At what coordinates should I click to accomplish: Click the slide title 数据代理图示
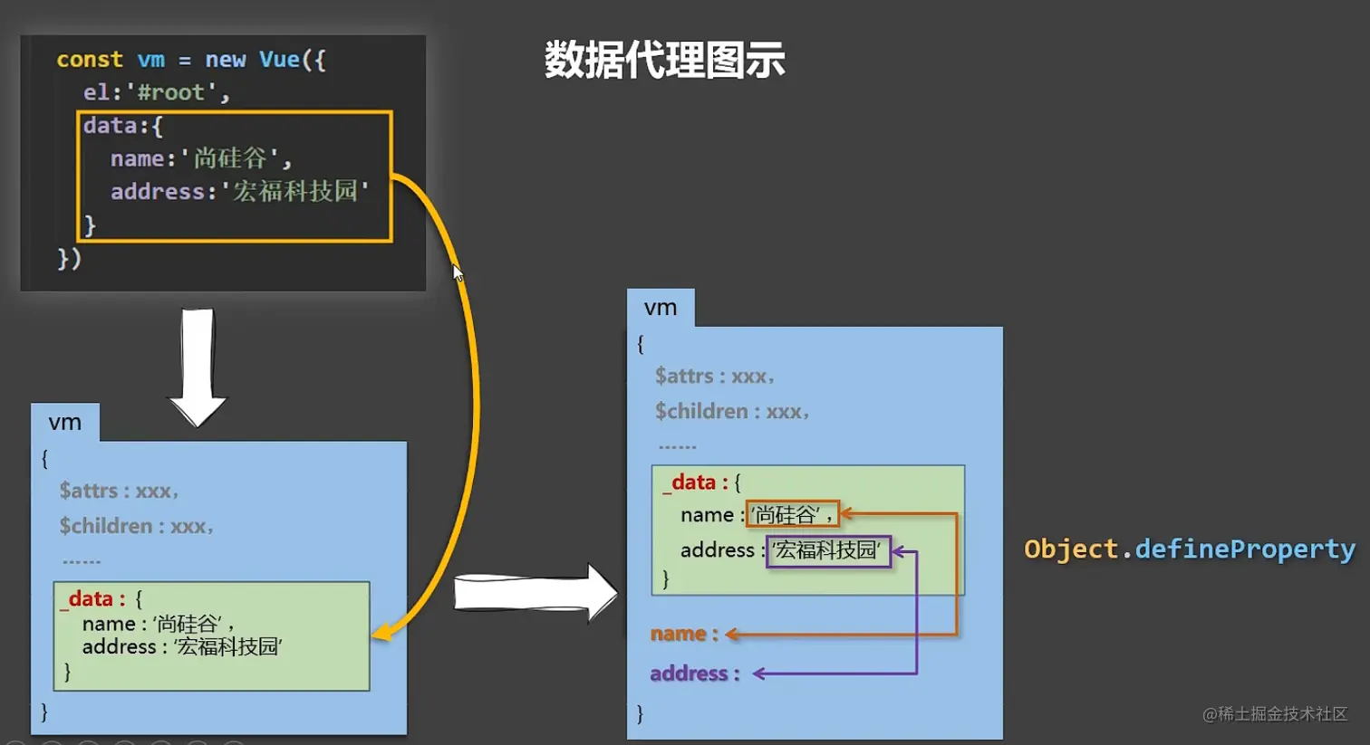pyautogui.click(x=664, y=61)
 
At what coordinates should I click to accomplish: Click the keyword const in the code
pyautogui.click(x=89, y=60)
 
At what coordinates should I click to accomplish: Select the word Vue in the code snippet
pyautogui.click(x=279, y=60)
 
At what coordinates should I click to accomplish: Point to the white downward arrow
pyautogui.click(x=198, y=367)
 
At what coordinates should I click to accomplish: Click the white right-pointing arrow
pyautogui.click(x=535, y=593)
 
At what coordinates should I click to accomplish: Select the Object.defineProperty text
pyautogui.click(x=1189, y=549)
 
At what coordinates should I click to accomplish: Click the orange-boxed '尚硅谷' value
pyautogui.click(x=792, y=515)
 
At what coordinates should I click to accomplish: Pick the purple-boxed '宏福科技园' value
pyautogui.click(x=828, y=550)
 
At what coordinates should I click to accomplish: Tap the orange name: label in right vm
pyautogui.click(x=684, y=634)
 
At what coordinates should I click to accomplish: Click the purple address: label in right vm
pyautogui.click(x=694, y=673)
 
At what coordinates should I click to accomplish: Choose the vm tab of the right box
pyautogui.click(x=661, y=308)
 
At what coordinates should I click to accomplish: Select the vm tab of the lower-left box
pyautogui.click(x=65, y=423)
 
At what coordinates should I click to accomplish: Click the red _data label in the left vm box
pyautogui.click(x=91, y=598)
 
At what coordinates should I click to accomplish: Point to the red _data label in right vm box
pyautogui.click(x=693, y=482)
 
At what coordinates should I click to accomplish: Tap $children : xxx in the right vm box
pyautogui.click(x=731, y=412)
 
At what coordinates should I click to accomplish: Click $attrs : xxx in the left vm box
pyautogui.click(x=118, y=491)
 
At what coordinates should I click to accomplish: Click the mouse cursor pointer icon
pyautogui.click(x=458, y=272)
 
